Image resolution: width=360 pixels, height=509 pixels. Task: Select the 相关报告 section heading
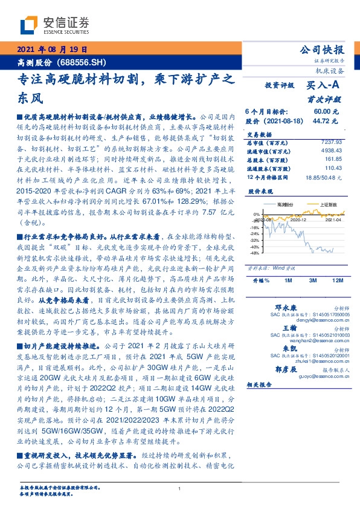pos(260,384)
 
